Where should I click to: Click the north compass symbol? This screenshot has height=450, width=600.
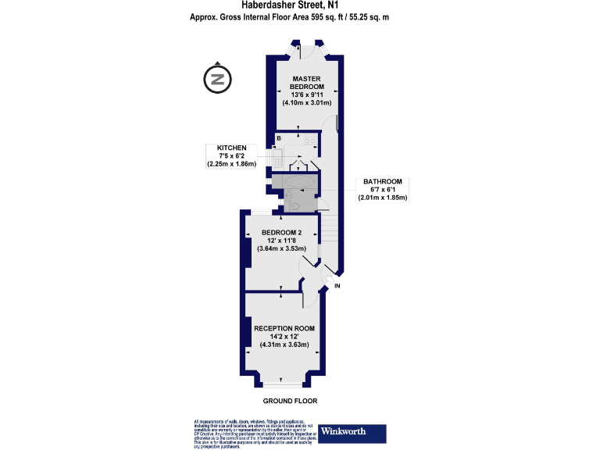click(x=218, y=78)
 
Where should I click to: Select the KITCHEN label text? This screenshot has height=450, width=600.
click(x=232, y=148)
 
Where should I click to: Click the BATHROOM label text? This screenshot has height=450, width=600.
click(x=383, y=182)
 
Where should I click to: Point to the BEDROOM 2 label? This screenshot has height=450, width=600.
click(x=282, y=233)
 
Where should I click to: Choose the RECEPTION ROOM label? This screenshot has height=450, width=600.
click(x=283, y=327)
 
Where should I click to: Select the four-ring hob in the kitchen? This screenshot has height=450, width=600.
click(x=309, y=140)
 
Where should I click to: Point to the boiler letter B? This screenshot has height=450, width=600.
click(x=279, y=139)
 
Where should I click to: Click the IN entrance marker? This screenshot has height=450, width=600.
click(x=337, y=287)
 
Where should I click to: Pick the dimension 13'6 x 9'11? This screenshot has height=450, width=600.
click(x=307, y=94)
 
